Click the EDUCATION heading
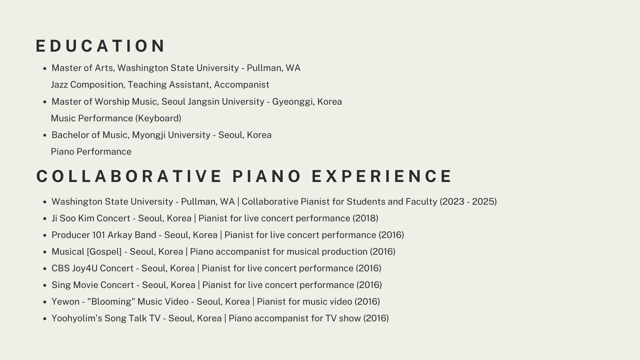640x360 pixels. [x=100, y=46]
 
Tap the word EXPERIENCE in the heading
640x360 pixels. [x=382, y=176]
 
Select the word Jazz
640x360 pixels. [x=59, y=85]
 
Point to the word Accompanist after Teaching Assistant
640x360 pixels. [x=241, y=85]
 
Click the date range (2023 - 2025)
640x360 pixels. [x=468, y=202]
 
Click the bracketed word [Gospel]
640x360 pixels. [x=104, y=252]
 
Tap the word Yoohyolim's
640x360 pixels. [x=77, y=318]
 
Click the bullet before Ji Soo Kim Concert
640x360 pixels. [x=45, y=219]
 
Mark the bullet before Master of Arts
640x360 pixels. [x=45, y=69]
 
